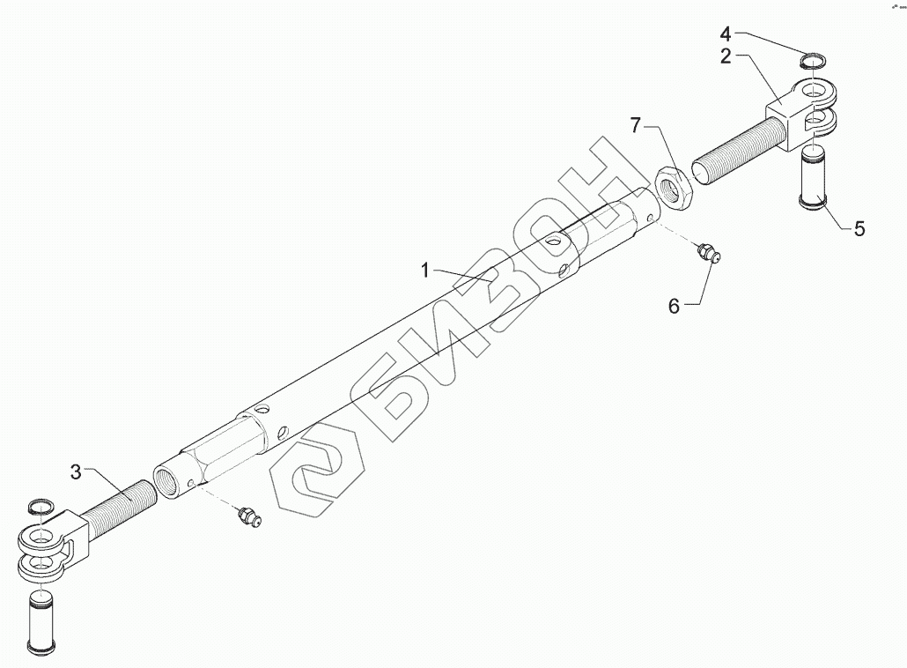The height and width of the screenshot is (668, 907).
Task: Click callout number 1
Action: point(425,271)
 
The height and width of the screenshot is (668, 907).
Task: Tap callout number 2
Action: point(726,56)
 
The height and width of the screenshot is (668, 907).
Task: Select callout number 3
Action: point(76,471)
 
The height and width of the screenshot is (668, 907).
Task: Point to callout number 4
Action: point(726,34)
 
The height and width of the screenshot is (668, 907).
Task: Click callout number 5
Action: point(859,229)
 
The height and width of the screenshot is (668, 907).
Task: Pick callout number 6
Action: point(674,306)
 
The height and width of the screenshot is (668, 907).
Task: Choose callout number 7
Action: point(636,125)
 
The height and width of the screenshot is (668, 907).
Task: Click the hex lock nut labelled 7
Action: point(673,186)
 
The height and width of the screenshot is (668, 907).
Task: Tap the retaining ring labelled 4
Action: point(814,60)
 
